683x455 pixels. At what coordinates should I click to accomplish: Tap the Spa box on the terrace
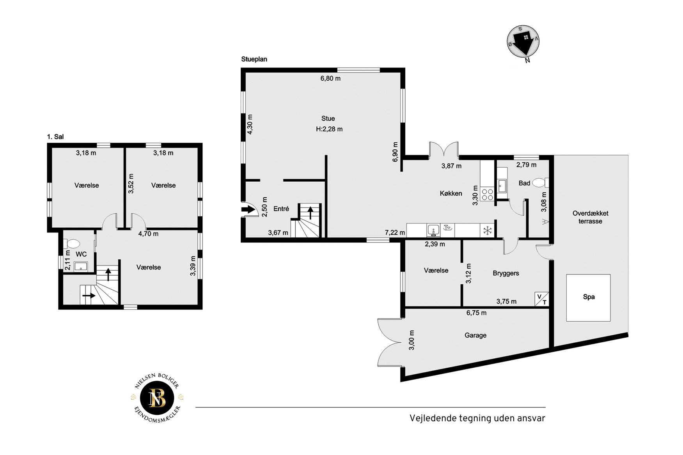point(588,298)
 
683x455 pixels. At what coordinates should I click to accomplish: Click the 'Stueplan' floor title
point(254,59)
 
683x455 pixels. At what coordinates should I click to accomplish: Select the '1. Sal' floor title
point(55,137)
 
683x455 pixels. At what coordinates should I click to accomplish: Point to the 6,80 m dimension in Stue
point(330,78)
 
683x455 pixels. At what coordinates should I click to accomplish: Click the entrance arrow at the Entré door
point(248,209)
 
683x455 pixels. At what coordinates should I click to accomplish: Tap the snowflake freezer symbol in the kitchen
point(487,230)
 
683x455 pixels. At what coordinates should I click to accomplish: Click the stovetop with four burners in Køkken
point(487,194)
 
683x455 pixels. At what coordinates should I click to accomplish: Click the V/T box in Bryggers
point(542,299)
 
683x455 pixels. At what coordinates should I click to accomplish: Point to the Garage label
point(475,335)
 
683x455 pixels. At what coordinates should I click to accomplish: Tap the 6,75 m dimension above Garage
point(476,313)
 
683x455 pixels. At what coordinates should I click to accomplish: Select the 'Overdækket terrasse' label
point(590,217)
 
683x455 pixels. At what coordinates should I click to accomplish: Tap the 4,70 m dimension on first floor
point(148,234)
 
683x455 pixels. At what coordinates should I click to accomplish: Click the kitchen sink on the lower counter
point(433,230)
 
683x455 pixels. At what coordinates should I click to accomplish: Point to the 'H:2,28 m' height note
point(329,129)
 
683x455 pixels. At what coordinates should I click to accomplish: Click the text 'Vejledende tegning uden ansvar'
point(477,418)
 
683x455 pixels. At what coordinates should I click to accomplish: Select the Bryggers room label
point(506,273)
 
